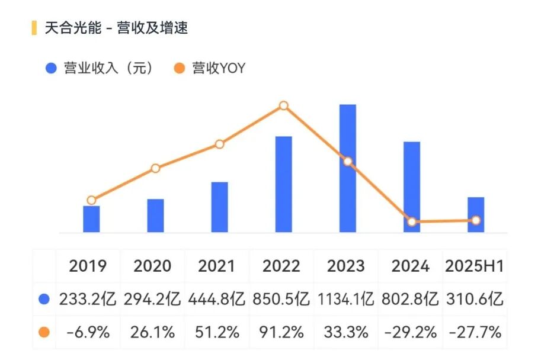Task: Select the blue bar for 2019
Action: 91,219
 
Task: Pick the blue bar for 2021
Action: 220,207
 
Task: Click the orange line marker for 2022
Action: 284,105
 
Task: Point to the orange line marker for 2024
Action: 412,222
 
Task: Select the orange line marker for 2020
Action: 155,168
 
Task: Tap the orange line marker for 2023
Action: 348,162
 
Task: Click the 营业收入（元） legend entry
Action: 101,68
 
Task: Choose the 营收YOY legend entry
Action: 210,68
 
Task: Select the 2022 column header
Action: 281,266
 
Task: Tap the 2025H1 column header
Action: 475,266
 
